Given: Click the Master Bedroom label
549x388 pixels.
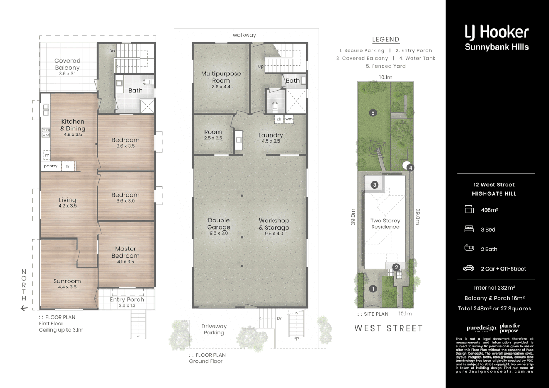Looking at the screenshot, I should (x=125, y=252).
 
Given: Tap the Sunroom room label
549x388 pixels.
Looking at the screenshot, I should (x=67, y=281).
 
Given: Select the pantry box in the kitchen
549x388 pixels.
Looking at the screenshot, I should (x=51, y=166).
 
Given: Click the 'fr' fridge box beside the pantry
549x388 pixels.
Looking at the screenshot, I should (x=68, y=166).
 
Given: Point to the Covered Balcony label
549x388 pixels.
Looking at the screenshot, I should (x=67, y=64).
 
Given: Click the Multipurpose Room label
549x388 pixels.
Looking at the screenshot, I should (x=221, y=77).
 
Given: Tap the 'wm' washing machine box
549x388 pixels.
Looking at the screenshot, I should (x=289, y=119).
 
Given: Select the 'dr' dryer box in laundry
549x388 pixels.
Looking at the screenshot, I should (x=279, y=119).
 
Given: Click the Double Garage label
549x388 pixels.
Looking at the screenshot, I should (x=218, y=223).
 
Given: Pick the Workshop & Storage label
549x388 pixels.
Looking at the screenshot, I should (x=274, y=224).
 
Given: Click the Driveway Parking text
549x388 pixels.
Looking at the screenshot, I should (x=214, y=329).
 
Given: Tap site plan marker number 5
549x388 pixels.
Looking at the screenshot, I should (x=373, y=113).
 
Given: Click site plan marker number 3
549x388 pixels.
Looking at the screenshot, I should (x=375, y=185).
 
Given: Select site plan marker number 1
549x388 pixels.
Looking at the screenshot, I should (x=373, y=288).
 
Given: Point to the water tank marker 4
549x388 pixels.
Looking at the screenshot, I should (x=411, y=167).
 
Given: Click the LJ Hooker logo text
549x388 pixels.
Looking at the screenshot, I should (x=497, y=32).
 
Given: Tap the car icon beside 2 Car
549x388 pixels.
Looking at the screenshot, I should (x=469, y=268).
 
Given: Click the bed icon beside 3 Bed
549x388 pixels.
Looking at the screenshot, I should (x=469, y=229).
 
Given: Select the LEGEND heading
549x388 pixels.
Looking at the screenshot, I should (x=386, y=40).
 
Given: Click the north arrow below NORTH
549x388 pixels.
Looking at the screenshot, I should (x=24, y=308).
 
